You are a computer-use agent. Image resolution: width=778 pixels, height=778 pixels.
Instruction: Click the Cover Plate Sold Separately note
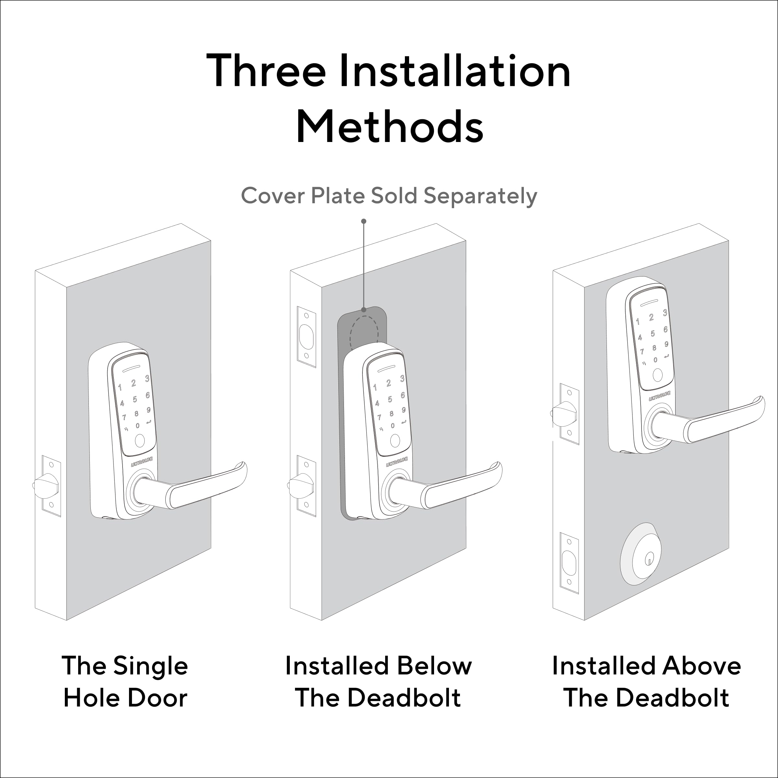[389, 196]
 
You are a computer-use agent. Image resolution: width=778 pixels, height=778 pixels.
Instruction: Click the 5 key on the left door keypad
[135, 399]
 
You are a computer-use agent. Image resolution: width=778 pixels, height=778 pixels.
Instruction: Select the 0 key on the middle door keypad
[393, 426]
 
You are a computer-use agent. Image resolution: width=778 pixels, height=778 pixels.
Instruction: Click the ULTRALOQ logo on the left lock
[142, 462]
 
